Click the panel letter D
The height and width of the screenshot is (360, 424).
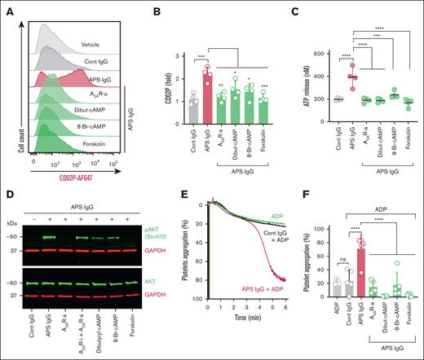[7, 195]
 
